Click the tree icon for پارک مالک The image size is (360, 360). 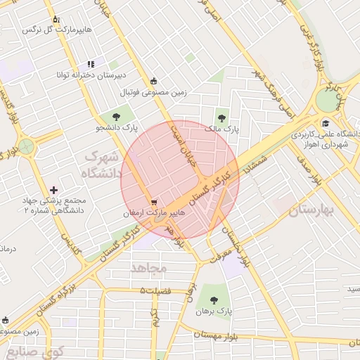[223, 118]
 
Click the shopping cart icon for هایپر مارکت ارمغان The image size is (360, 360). [153, 200]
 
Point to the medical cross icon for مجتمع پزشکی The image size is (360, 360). [54, 190]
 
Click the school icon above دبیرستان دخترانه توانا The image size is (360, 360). [91, 64]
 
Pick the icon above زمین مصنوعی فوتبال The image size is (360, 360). [153, 81]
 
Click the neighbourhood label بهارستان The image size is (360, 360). [313, 210]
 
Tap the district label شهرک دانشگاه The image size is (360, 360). [92, 164]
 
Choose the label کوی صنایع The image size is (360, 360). [35, 351]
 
